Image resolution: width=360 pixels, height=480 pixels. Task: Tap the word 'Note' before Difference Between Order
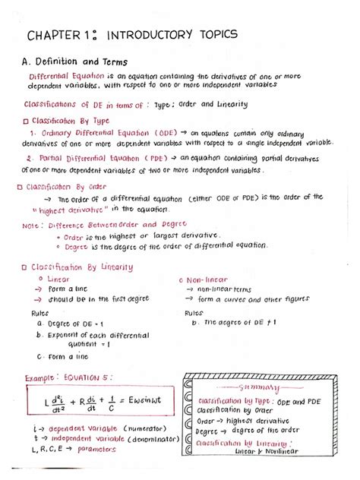pyautogui.click(x=31, y=226)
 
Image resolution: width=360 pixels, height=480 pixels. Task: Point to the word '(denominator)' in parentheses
pyautogui.click(x=144, y=438)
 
